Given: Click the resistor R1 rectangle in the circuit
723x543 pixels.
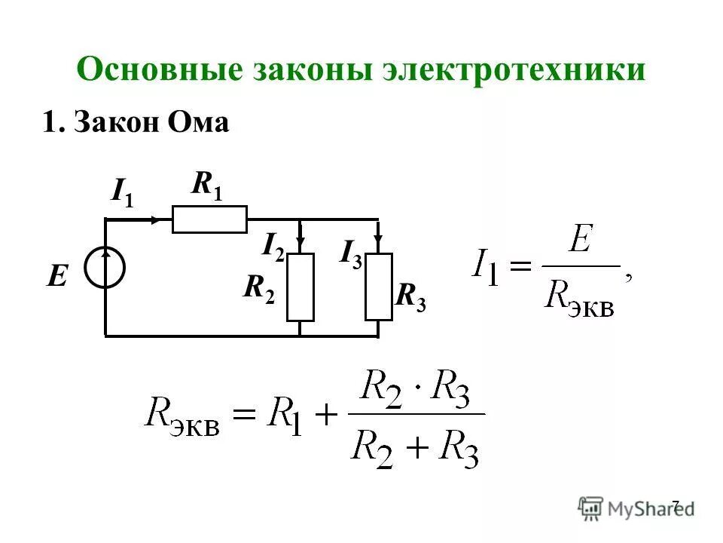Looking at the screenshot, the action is pyautogui.click(x=209, y=219).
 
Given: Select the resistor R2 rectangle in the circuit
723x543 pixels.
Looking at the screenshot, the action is pyautogui.click(x=300, y=287).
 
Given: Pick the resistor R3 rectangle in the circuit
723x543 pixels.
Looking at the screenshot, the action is pyautogui.click(x=378, y=287).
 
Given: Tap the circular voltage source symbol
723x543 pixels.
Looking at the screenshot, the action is pyautogui.click(x=105, y=268).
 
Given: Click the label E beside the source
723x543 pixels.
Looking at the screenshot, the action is pyautogui.click(x=56, y=277).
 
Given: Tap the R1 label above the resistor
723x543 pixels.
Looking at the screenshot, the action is pyautogui.click(x=207, y=185).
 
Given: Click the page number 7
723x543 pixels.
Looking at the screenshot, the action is pyautogui.click(x=675, y=505).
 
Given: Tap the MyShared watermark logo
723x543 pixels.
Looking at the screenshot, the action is pyautogui.click(x=636, y=508).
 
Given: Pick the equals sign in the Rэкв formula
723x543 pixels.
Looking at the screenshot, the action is pyautogui.click(x=243, y=413).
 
